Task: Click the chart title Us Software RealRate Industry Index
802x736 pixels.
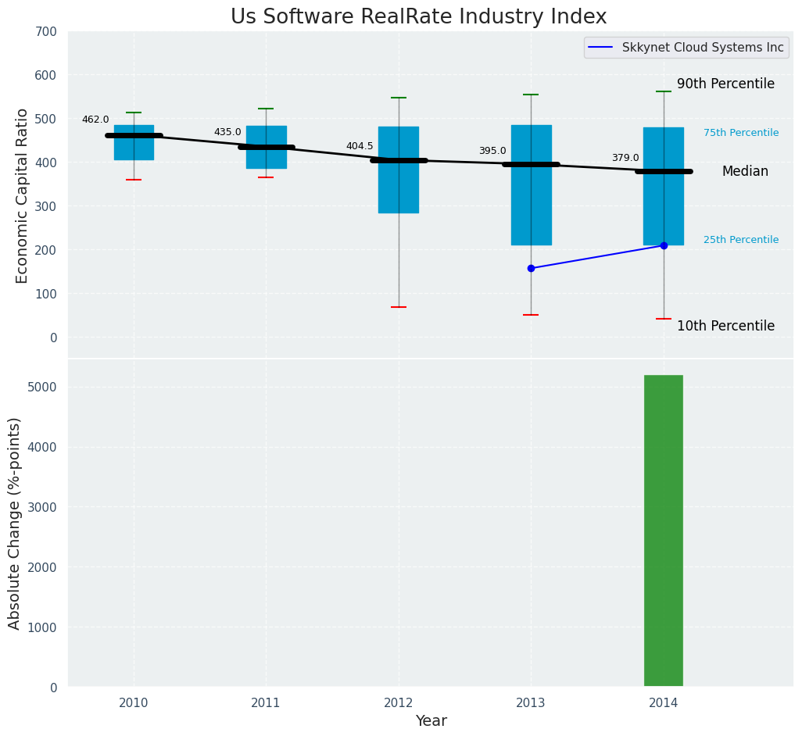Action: coord(418,17)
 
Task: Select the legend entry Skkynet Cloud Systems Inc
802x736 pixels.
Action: coord(702,48)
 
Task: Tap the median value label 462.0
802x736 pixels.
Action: coord(95,120)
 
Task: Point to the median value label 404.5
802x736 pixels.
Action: coord(360,146)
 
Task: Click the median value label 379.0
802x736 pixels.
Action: coord(625,158)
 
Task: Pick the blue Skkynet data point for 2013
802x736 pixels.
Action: coord(531,268)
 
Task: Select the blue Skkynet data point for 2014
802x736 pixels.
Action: coord(664,245)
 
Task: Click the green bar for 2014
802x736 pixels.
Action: coord(663,531)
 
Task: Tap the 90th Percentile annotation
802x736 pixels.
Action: coord(725,84)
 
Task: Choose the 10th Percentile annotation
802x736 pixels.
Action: coord(725,326)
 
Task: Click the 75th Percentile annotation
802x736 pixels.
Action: coord(740,133)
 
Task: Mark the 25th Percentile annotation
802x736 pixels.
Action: coord(740,240)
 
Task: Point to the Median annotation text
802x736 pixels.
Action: coord(744,171)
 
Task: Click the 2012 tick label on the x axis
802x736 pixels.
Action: coord(399,703)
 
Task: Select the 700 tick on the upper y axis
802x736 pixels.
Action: coord(45,31)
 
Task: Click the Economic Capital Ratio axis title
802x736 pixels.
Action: coord(22,195)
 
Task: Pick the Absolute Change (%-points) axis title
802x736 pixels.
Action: coord(14,523)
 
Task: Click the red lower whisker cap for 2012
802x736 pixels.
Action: coord(399,307)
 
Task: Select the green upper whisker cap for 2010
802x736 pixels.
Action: coord(134,113)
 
